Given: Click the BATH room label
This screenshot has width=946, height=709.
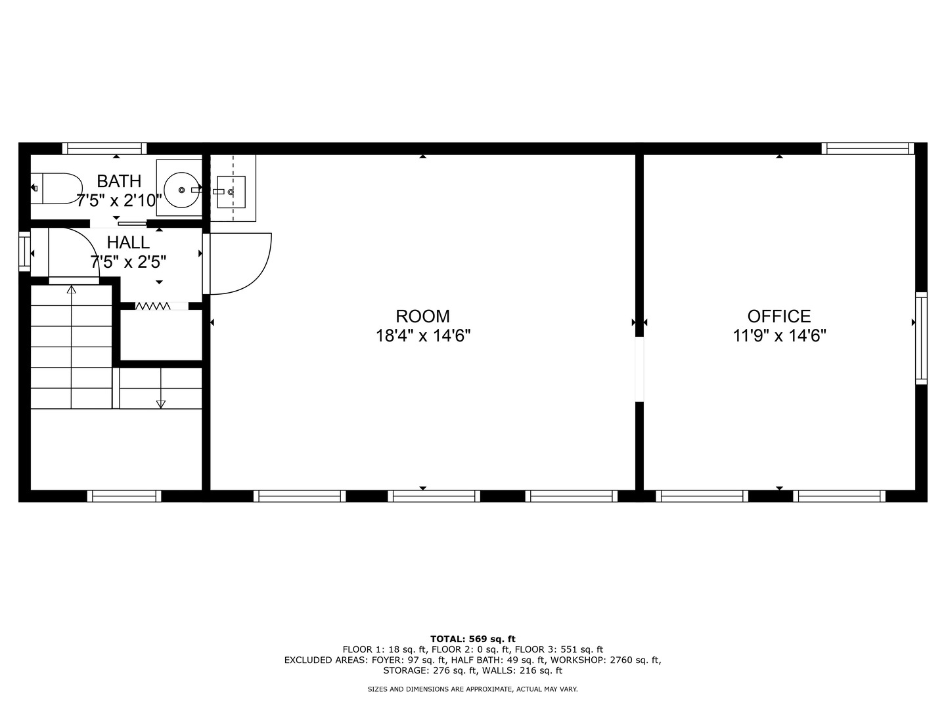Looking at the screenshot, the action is click(119, 181).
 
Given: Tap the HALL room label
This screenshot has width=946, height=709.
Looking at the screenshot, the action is click(128, 242).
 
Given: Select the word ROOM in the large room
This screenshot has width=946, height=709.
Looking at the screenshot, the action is click(423, 316).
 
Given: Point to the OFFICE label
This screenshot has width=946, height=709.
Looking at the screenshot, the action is click(779, 316).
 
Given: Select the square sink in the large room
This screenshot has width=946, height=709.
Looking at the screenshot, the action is click(231, 192).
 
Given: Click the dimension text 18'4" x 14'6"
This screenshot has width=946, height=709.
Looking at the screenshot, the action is click(423, 335).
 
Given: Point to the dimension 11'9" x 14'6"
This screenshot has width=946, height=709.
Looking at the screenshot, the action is click(779, 335).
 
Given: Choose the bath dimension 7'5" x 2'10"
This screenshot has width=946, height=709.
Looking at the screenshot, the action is click(119, 201).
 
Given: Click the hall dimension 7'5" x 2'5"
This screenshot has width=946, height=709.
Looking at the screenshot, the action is click(128, 262).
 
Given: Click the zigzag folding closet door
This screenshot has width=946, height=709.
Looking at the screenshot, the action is click(153, 306).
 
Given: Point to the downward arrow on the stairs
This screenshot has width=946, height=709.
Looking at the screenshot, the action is click(161, 388).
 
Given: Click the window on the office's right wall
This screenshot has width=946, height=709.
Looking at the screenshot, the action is click(921, 338).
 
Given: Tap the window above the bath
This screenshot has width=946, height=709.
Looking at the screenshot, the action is click(104, 148).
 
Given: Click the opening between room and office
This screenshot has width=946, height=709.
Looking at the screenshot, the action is click(640, 370).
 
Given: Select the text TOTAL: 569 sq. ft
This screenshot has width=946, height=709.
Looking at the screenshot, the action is click(473, 639).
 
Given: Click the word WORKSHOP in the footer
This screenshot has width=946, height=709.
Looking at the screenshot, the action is click(575, 660).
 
